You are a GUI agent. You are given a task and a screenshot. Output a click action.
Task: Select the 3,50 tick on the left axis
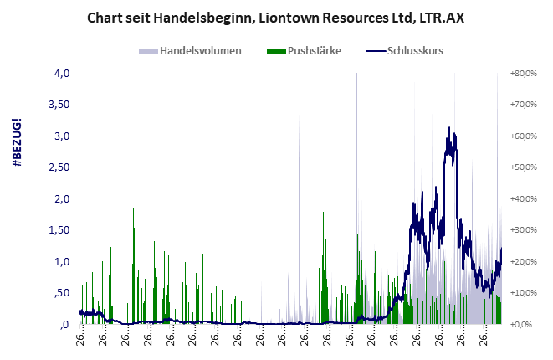56,105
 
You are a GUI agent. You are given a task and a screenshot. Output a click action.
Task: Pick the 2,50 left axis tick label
56,168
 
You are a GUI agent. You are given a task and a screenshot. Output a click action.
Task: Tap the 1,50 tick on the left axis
56,230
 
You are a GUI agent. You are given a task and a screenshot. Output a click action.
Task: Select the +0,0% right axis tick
525,324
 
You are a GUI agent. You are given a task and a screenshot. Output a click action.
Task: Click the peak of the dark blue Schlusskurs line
449,128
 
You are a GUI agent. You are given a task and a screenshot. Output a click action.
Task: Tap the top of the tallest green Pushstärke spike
131,88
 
